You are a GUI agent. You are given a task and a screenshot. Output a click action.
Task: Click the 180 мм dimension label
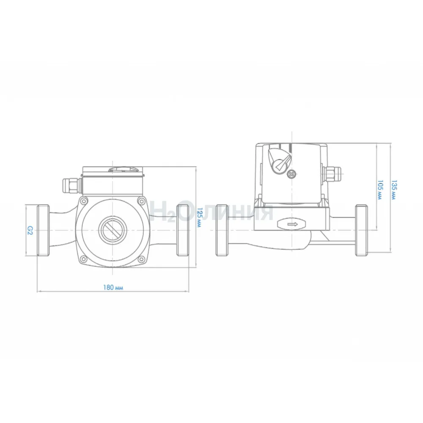113,287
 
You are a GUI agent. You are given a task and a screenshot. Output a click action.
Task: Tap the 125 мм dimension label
199,217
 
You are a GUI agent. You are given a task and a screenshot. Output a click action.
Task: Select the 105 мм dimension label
380,190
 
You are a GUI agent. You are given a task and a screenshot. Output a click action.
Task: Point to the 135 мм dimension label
394,190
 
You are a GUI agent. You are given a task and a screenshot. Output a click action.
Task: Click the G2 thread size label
30,230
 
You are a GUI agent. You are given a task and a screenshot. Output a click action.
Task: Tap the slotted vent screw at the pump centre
112,230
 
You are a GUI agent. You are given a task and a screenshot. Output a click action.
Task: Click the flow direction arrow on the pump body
292,224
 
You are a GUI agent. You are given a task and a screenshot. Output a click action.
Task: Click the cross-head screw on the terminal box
291,174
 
